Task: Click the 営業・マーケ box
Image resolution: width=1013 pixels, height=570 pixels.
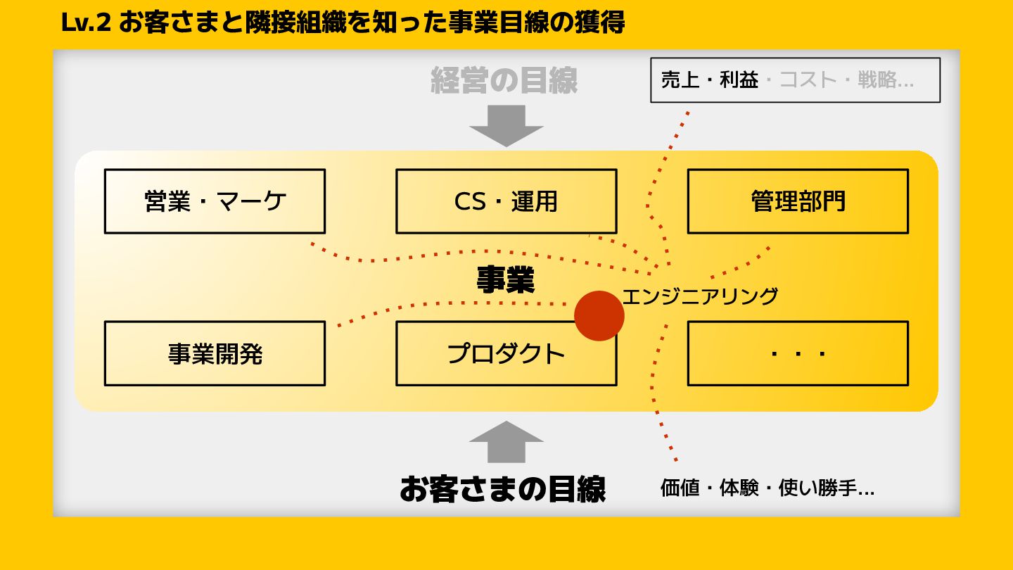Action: pyautogui.click(x=215, y=201)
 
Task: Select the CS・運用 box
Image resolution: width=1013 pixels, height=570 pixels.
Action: pyautogui.click(x=506, y=201)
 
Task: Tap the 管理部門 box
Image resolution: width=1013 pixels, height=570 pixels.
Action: pyautogui.click(x=798, y=201)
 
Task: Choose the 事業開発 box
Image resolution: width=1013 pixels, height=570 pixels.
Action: pyautogui.click(x=215, y=353)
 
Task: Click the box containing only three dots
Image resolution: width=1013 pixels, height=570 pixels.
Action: pyautogui.click(x=798, y=353)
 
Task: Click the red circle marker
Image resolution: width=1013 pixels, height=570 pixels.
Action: pyautogui.click(x=599, y=316)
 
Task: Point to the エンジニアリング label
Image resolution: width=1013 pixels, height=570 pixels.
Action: pyautogui.click(x=700, y=296)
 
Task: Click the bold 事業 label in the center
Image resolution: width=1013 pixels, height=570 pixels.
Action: pyautogui.click(x=506, y=279)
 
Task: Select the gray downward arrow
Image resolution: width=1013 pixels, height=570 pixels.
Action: pyautogui.click(x=506, y=125)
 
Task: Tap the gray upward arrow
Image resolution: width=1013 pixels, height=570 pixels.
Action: pyautogui.click(x=506, y=443)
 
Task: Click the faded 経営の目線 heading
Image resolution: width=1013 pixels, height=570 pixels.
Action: pyautogui.click(x=504, y=80)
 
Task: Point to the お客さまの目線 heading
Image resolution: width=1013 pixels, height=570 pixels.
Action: pyautogui.click(x=502, y=488)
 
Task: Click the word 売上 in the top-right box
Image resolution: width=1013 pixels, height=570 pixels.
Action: pyautogui.click(x=680, y=80)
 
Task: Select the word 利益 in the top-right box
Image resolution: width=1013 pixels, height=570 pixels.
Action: pyautogui.click(x=739, y=80)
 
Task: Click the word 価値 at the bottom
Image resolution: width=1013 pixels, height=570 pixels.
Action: pyautogui.click(x=680, y=488)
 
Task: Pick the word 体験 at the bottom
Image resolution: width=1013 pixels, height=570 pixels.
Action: pyautogui.click(x=739, y=488)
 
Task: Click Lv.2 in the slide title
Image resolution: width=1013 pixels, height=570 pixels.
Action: pyautogui.click(x=87, y=23)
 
